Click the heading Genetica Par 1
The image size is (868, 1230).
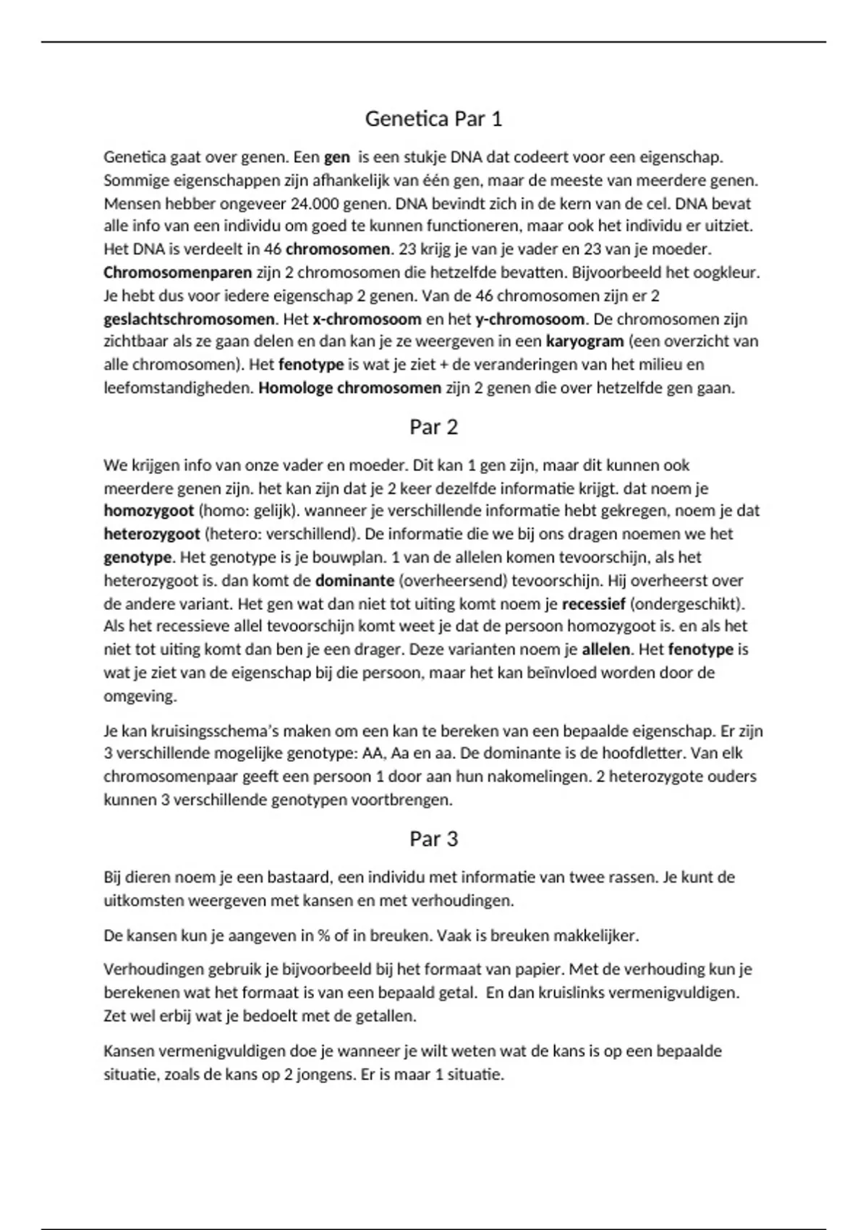pyautogui.click(x=433, y=119)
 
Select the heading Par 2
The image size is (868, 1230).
pyautogui.click(x=433, y=427)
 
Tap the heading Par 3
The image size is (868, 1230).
pyautogui.click(x=433, y=839)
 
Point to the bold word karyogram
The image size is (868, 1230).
pyautogui.click(x=584, y=342)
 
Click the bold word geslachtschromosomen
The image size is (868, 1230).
pyautogui.click(x=190, y=319)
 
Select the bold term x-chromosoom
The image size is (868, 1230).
pyautogui.click(x=367, y=319)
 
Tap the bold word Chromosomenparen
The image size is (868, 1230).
pyautogui.click(x=178, y=273)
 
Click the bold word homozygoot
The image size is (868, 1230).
pyautogui.click(x=149, y=511)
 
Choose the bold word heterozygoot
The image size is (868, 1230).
pyautogui.click(x=152, y=534)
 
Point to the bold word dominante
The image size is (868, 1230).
pyautogui.click(x=354, y=580)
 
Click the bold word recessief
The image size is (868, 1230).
pyautogui.click(x=593, y=603)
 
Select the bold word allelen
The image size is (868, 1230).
pyautogui.click(x=606, y=650)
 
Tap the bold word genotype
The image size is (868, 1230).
pyautogui.click(x=137, y=557)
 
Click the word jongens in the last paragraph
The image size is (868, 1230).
pyautogui.click(x=326, y=1074)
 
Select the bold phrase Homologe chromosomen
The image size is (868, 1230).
pyautogui.click(x=349, y=388)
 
